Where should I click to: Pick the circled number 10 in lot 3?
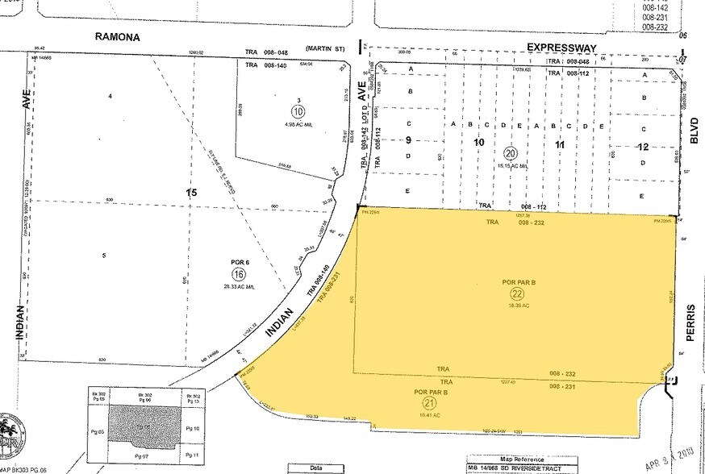pos(275,110)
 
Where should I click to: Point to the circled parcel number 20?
pos(510,153)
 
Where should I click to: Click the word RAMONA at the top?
pos(118,36)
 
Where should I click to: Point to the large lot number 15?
pos(191,193)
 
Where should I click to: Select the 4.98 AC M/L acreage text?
pos(275,123)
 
